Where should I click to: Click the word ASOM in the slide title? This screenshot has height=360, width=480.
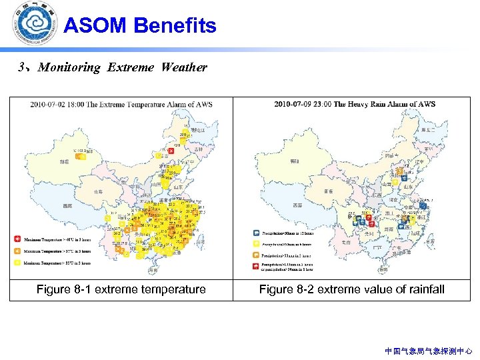pyautogui.click(x=95, y=26)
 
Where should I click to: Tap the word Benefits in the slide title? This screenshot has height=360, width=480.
pyautogui.click(x=175, y=26)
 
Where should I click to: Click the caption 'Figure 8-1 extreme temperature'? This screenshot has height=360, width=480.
pyautogui.click(x=121, y=289)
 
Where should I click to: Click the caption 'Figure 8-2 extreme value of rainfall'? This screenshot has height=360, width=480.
pyautogui.click(x=351, y=289)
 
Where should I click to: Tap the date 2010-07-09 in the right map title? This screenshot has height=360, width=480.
pyautogui.click(x=295, y=104)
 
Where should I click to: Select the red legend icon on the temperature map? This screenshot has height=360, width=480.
pyautogui.click(x=17, y=238)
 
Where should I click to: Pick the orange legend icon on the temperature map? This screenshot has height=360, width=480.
pyautogui.click(x=17, y=251)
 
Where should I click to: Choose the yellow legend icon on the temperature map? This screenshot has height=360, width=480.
pyautogui.click(x=17, y=263)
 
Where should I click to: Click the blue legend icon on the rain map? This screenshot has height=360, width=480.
pyautogui.click(x=256, y=233)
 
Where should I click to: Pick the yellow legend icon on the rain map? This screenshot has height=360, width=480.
pyautogui.click(x=256, y=244)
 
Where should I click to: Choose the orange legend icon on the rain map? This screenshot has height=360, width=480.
pyautogui.click(x=256, y=255)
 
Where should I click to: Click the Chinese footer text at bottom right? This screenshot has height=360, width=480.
pyautogui.click(x=428, y=351)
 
